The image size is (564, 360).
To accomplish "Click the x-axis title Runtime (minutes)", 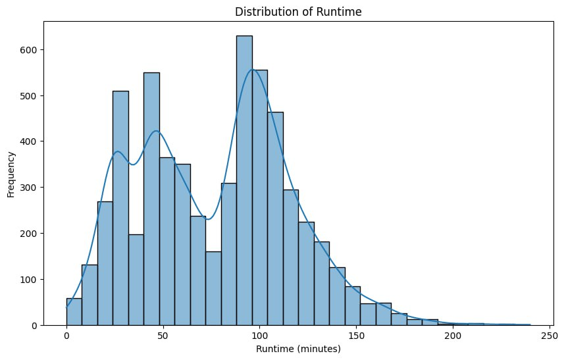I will pyautogui.click(x=298, y=349).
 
